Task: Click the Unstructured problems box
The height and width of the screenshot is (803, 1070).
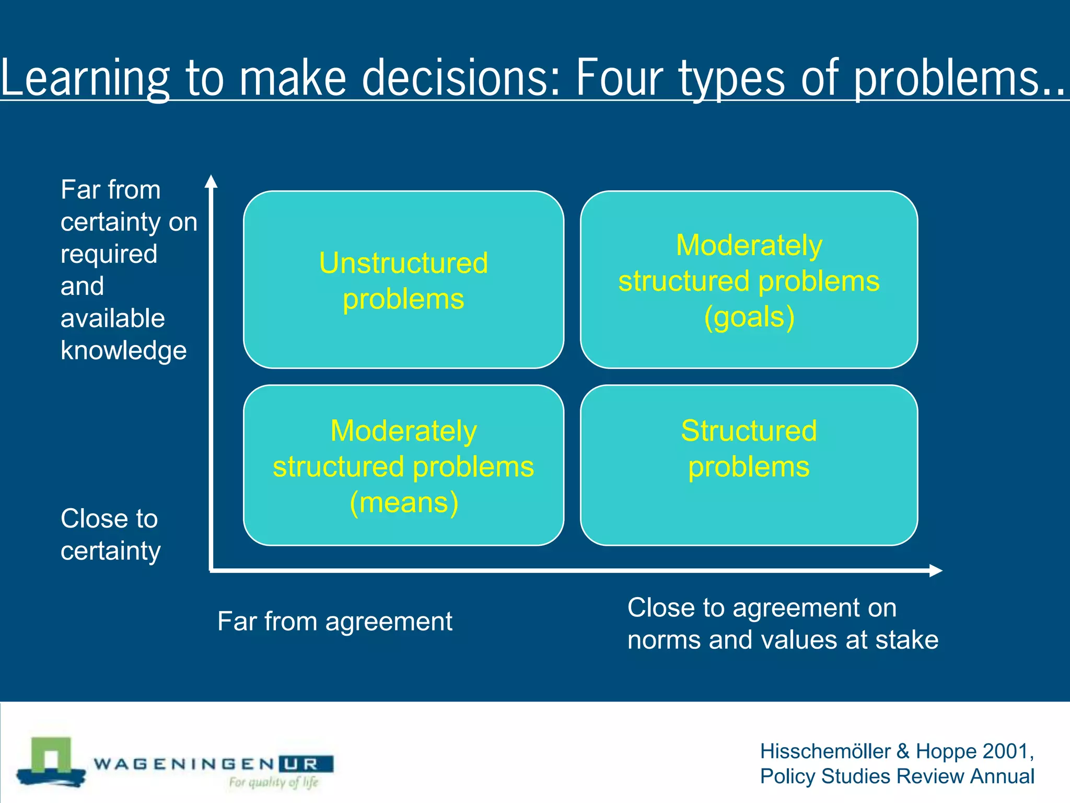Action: point(403,280)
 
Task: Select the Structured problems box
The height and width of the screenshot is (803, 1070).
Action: point(749,465)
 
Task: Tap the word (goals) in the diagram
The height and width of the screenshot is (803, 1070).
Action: point(749,317)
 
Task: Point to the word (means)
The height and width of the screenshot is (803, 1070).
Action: point(404,502)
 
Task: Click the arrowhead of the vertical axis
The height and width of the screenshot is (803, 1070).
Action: point(211,181)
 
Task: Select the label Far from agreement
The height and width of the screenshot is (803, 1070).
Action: point(334,621)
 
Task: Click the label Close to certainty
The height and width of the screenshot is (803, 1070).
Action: point(110,534)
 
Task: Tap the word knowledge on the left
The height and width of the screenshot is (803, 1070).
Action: point(123,350)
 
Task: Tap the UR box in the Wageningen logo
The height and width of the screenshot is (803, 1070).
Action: point(306,764)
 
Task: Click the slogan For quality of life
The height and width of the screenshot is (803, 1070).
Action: point(273,782)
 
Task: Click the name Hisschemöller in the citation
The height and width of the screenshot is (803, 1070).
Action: point(825,751)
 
